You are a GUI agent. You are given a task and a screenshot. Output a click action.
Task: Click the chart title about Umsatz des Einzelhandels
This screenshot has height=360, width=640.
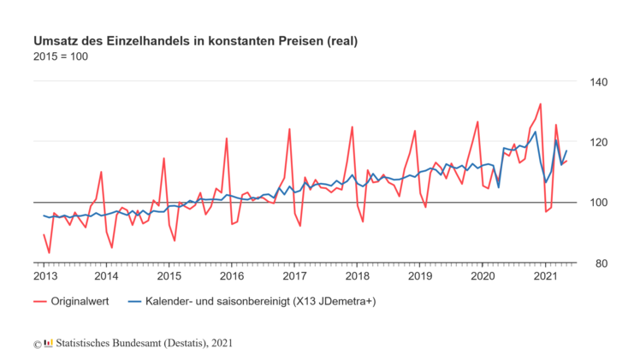(195, 40)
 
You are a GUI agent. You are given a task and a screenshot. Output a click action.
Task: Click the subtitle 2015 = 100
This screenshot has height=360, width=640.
(60, 56)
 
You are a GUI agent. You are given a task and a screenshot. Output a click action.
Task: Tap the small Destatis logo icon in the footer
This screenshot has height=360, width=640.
(48, 343)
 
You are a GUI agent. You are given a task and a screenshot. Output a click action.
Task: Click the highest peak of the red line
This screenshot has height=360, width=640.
(542, 103)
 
